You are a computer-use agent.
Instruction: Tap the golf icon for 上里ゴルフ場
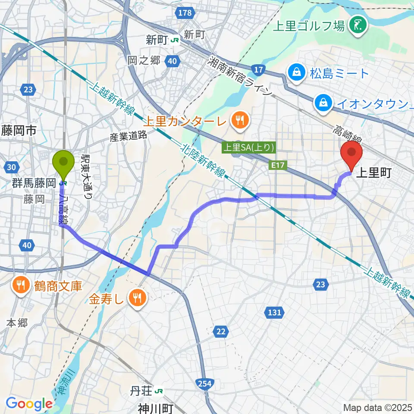pyautogui.click(x=358, y=25)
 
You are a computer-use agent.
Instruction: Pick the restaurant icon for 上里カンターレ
pyautogui.click(x=239, y=121)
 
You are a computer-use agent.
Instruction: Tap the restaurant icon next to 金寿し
pyautogui.click(x=138, y=297)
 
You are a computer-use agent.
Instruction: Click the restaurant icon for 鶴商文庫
pyautogui.click(x=21, y=285)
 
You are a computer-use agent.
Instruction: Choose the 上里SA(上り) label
pyautogui.click(x=248, y=147)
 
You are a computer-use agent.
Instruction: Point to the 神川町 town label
pyautogui.click(x=155, y=408)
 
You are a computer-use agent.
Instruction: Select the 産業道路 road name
pyautogui.click(x=128, y=137)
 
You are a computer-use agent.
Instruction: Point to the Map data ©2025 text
pyautogui.click(x=377, y=407)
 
